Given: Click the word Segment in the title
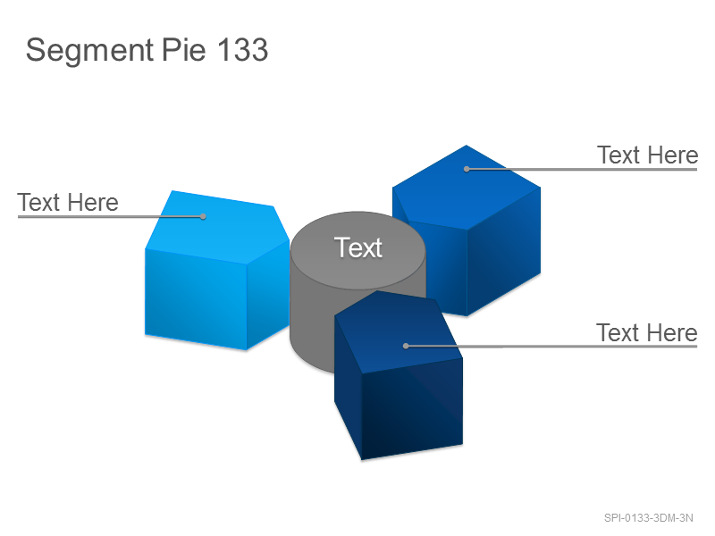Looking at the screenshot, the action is (90, 51).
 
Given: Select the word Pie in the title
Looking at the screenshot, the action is (183, 49).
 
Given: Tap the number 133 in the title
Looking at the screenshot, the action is (242, 49).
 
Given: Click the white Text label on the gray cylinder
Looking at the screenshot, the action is (358, 247).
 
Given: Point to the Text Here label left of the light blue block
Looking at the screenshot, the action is (68, 203).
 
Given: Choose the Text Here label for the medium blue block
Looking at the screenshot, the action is (647, 155).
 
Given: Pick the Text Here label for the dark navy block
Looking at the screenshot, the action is (647, 332).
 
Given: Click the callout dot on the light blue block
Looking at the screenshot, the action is (203, 216).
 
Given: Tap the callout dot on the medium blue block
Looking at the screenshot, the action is (467, 169).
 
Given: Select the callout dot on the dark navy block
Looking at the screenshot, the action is (406, 346).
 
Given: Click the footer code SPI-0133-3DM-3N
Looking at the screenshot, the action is (649, 518).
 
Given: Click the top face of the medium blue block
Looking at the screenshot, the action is (467, 187).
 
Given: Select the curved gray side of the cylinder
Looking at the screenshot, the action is (312, 319).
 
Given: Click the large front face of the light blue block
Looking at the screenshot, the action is (196, 298).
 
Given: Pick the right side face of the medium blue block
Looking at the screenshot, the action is (504, 251).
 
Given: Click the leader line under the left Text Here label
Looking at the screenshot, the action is (110, 216).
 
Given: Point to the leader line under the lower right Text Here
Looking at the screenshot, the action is (551, 347).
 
